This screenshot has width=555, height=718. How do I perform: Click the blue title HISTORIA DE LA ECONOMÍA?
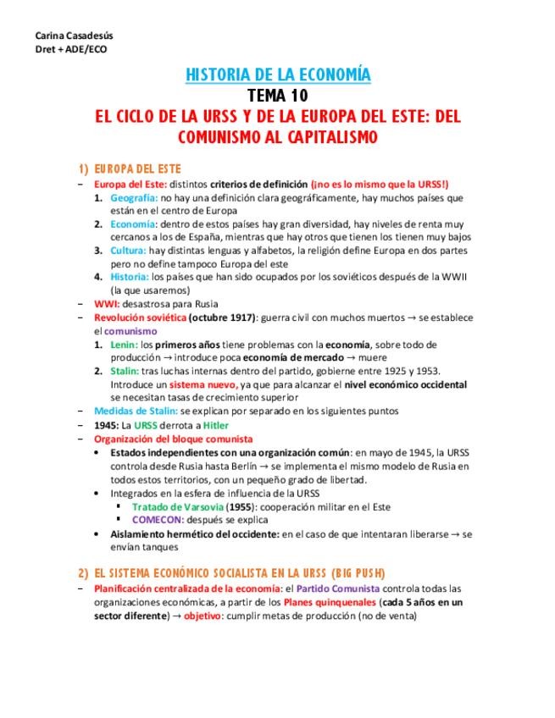coord(278,75)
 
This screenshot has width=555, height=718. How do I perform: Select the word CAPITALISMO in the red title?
coord(320,135)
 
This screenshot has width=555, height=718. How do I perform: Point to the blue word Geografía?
coord(134,197)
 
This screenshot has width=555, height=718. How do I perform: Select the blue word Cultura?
coord(128,251)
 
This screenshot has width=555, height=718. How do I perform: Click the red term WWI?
coord(106,303)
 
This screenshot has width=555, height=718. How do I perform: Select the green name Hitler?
coord(215,424)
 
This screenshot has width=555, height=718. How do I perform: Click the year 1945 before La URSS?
coord(107,424)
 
